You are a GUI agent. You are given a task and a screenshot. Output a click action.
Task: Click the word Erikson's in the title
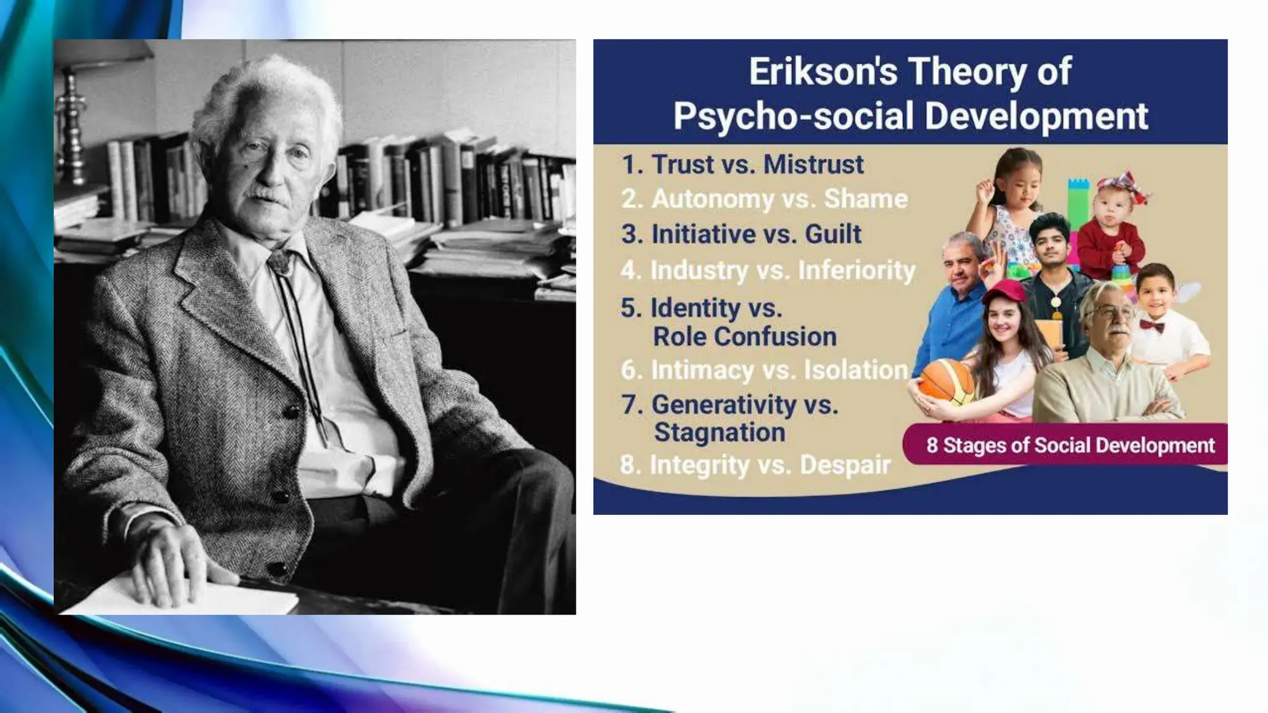[x=822, y=72]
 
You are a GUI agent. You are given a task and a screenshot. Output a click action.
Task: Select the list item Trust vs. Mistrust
[x=743, y=165]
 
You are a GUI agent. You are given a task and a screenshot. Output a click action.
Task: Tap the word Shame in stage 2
[x=866, y=199]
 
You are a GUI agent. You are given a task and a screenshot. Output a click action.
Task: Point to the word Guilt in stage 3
[x=833, y=235]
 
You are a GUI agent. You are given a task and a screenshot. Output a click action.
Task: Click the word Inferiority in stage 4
[x=856, y=270]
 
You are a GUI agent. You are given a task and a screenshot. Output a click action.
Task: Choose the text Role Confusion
[x=745, y=337]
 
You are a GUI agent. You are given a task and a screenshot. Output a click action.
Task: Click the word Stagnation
[x=719, y=433]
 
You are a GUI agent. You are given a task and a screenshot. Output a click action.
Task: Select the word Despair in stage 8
[x=845, y=465]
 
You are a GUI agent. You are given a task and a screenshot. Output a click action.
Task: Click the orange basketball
[x=945, y=383]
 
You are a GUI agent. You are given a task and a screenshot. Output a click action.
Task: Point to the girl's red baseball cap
[x=1005, y=291]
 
